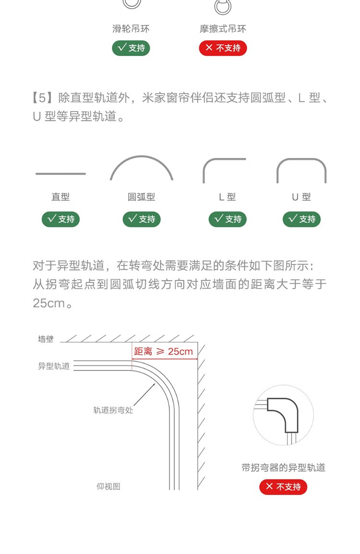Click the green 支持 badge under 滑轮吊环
(x=131, y=48)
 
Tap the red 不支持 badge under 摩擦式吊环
(x=223, y=48)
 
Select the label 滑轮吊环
(x=131, y=29)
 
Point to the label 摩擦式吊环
(x=223, y=29)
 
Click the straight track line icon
(x=60, y=174)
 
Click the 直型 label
(x=60, y=197)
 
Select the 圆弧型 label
(x=141, y=197)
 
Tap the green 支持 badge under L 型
(x=228, y=219)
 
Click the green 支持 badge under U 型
(x=301, y=219)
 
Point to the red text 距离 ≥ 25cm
(x=163, y=351)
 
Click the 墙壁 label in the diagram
(x=46, y=339)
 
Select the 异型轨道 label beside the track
(x=54, y=366)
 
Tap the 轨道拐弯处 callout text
(x=113, y=410)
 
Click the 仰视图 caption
(x=108, y=486)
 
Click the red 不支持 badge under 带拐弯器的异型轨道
(x=283, y=487)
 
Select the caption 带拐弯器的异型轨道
(x=283, y=467)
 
